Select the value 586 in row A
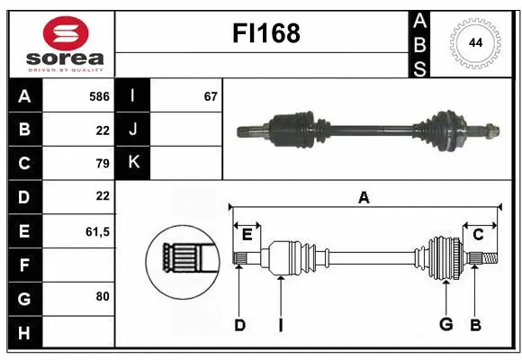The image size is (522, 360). pyautogui.click(x=99, y=95)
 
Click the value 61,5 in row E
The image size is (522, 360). pyautogui.click(x=96, y=231)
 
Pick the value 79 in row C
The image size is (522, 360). pyautogui.click(x=102, y=164)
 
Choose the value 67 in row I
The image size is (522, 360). pyautogui.click(x=211, y=95)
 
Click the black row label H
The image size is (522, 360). pyautogui.click(x=24, y=334)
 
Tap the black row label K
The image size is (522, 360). pyautogui.click(x=133, y=164)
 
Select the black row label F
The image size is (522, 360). pyautogui.click(x=24, y=265)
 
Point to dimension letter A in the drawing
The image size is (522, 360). pyautogui.click(x=364, y=198)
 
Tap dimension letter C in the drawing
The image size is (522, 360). pyautogui.click(x=479, y=235)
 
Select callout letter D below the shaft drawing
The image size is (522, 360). pyautogui.click(x=239, y=325)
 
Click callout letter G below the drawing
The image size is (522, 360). pyautogui.click(x=445, y=325)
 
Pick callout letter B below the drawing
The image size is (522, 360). pyautogui.click(x=475, y=325)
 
